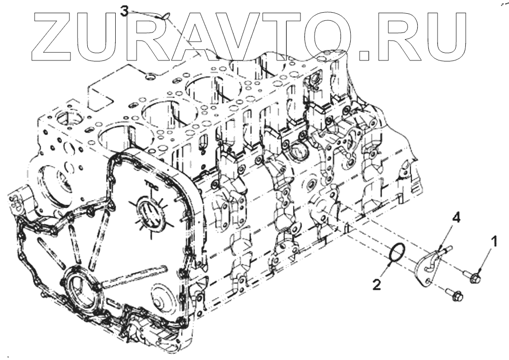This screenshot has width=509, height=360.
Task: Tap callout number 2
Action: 376,284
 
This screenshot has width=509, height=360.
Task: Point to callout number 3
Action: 125,10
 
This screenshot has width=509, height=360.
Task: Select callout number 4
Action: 456,218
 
